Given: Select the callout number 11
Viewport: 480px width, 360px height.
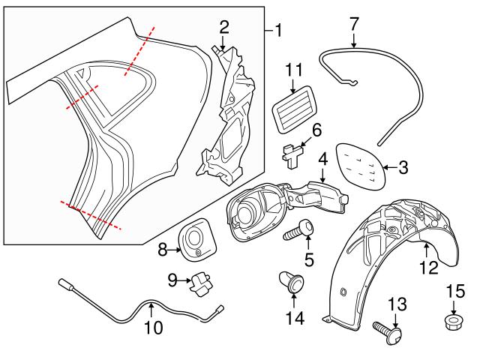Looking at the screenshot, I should (x=293, y=71).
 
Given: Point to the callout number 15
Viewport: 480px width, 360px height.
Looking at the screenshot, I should (x=456, y=290).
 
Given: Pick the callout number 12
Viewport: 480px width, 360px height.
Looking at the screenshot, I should (x=428, y=268).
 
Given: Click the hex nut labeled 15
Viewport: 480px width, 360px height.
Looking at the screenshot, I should (x=453, y=322).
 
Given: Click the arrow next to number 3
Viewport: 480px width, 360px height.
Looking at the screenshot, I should (x=388, y=167).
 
